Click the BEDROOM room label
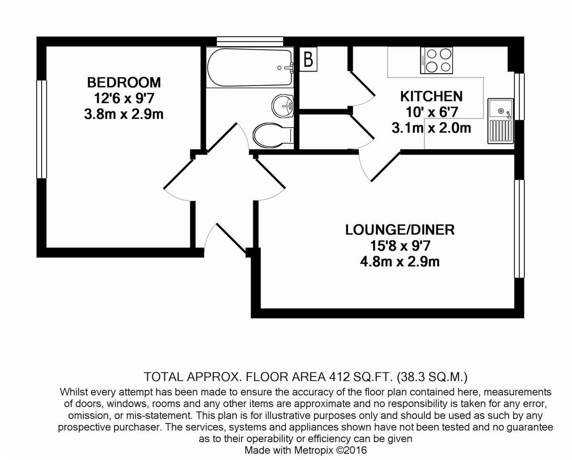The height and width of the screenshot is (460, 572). click(x=124, y=82)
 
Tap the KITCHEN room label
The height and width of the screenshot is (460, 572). click(x=431, y=96)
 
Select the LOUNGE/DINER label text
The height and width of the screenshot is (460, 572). click(x=400, y=230)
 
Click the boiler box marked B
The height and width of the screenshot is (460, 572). click(x=309, y=59)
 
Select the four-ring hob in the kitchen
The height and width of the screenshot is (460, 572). click(x=437, y=60)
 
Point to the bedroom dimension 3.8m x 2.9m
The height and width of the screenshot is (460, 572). click(x=124, y=115)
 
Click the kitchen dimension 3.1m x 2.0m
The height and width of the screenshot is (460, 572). click(x=431, y=128)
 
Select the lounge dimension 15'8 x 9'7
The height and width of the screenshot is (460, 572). click(x=400, y=246)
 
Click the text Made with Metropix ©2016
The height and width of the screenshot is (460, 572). click(x=305, y=450)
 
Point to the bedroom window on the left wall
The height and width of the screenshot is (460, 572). click(x=41, y=129)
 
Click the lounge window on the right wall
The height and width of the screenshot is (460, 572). click(x=519, y=229)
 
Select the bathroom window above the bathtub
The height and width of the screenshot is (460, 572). click(x=250, y=41)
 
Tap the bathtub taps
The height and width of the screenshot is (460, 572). click(x=287, y=67)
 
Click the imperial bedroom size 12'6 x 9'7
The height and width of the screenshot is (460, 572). click(x=124, y=98)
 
